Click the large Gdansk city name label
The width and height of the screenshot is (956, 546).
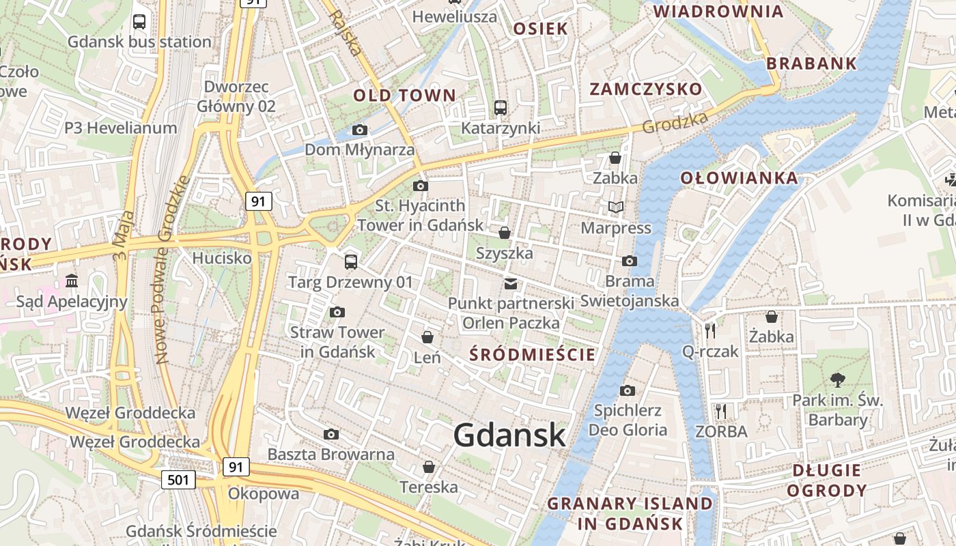pyautogui.click(x=509, y=435)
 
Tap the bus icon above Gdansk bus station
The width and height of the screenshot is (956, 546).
pyautogui.click(x=139, y=21)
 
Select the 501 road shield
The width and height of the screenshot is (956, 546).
pyautogui.click(x=178, y=480)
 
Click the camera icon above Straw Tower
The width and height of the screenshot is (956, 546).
pyautogui.click(x=337, y=312)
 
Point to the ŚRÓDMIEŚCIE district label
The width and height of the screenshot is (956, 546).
pyautogui.click(x=533, y=354)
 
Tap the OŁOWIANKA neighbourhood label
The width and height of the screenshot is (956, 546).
pyautogui.click(x=739, y=178)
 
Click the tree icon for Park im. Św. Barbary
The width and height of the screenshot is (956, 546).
pyautogui.click(x=837, y=380)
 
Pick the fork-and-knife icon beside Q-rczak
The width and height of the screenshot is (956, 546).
pyautogui.click(x=710, y=331)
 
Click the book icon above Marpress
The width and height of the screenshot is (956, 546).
pyautogui.click(x=616, y=207)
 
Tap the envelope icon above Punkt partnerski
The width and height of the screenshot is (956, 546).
pyautogui.click(x=510, y=283)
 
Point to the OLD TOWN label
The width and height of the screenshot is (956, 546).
pyautogui.click(x=404, y=96)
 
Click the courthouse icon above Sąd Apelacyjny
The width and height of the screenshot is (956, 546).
pyautogui.click(x=72, y=281)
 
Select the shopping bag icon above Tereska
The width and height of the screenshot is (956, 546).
pyautogui.click(x=429, y=467)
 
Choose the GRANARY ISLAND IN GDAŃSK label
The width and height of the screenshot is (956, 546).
pyautogui.click(x=630, y=514)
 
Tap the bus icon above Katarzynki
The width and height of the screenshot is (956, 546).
pyautogui.click(x=501, y=107)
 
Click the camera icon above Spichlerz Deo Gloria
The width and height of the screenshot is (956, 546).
pyautogui.click(x=627, y=390)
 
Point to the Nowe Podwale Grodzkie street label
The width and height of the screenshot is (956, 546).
pyautogui.click(x=172, y=270)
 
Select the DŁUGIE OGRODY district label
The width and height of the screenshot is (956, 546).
pyautogui.click(x=826, y=480)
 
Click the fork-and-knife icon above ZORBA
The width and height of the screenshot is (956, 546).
pyautogui.click(x=721, y=411)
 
